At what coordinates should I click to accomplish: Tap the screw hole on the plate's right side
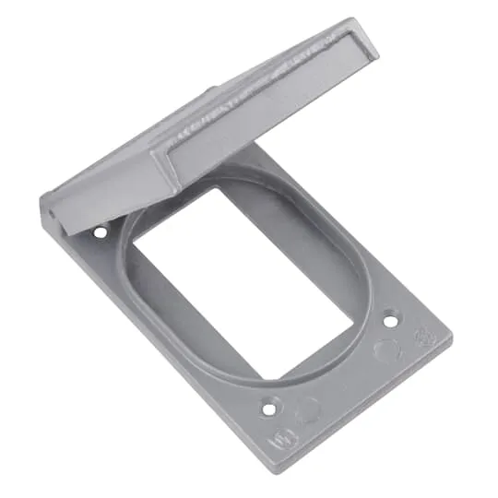390,322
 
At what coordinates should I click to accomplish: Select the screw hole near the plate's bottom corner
270,404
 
